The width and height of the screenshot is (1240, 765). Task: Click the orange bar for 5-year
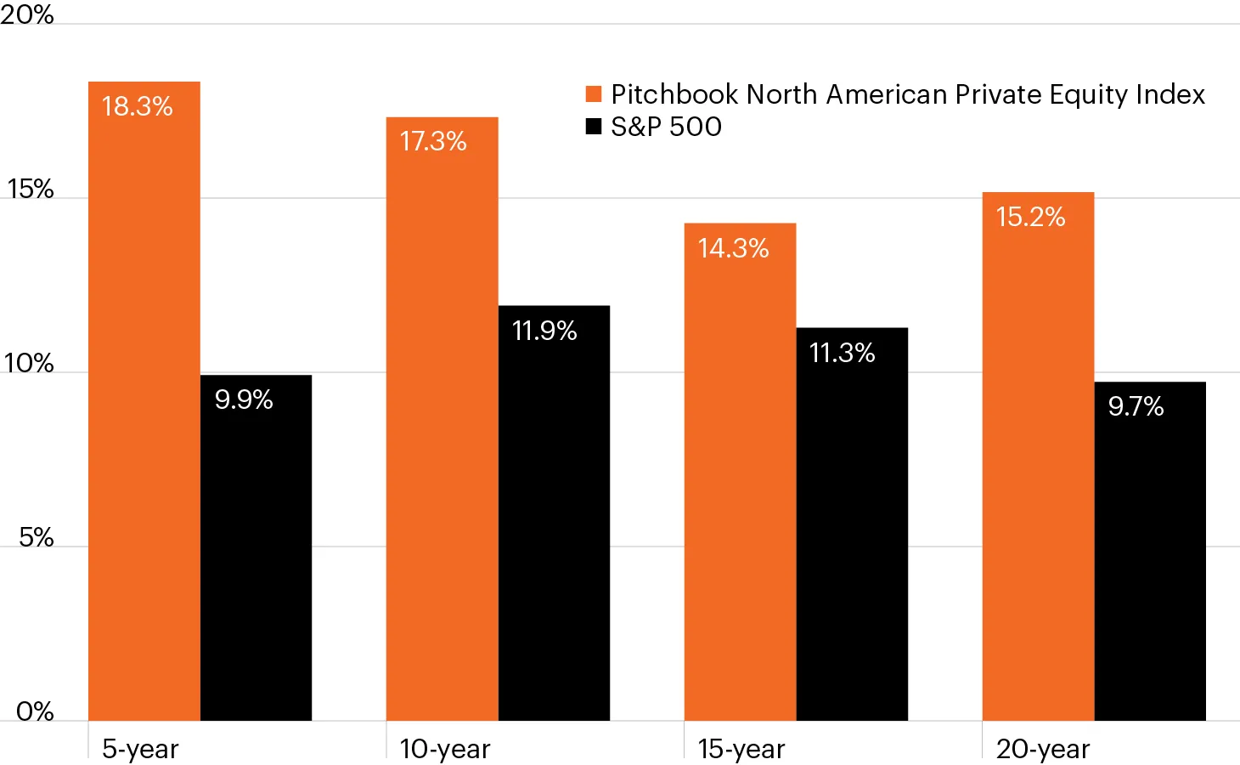[x=144, y=408]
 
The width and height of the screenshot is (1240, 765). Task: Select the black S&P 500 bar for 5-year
[x=256, y=552]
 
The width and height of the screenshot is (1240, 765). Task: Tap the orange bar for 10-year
[x=442, y=425]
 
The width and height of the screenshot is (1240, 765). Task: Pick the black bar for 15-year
[x=852, y=527]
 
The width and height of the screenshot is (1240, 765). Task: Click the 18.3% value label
[x=138, y=106]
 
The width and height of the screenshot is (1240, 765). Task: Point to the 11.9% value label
[x=544, y=331]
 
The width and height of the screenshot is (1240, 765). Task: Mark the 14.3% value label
[x=733, y=248]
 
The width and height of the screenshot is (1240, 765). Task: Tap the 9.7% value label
[x=1136, y=406]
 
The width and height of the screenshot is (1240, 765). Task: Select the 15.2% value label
[x=1030, y=217]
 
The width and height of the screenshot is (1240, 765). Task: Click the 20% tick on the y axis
[x=27, y=14]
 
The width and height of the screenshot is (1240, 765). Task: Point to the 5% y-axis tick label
[x=37, y=537]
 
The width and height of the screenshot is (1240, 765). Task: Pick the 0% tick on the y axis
[x=36, y=711]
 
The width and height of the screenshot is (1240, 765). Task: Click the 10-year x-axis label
[x=445, y=749]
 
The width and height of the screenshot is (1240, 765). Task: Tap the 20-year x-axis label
[x=1043, y=749]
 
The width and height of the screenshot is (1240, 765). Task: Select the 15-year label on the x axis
[x=741, y=749]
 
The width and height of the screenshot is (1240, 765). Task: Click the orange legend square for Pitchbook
[x=594, y=94]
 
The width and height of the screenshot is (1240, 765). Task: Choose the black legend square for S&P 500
[x=594, y=127]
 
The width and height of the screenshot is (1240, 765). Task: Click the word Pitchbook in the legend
[x=674, y=94]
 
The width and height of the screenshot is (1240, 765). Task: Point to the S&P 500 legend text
[x=667, y=127]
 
